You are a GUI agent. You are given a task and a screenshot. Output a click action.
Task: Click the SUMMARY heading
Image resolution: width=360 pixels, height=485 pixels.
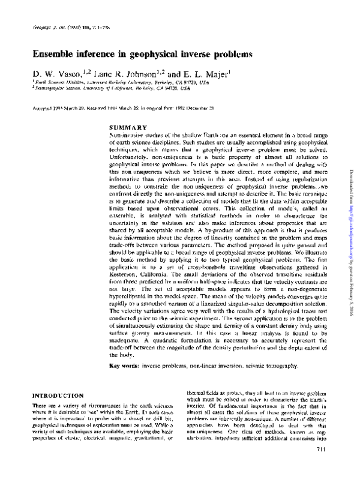coord(128,128)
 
